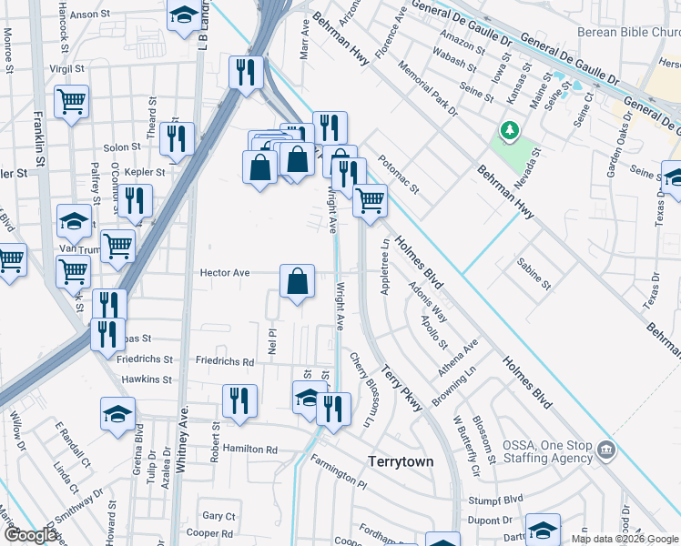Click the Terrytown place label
pyautogui.click(x=401, y=461)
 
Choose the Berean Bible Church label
pyautogui.click(x=628, y=32)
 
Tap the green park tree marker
pyautogui.click(x=510, y=133)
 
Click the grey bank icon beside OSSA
pyautogui.click(x=605, y=450)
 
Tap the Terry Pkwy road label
pyautogui.click(x=401, y=389)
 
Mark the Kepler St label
pyautogui.click(x=147, y=171)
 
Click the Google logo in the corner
pyautogui.click(x=30, y=535)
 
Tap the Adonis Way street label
pyautogui.click(x=428, y=301)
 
